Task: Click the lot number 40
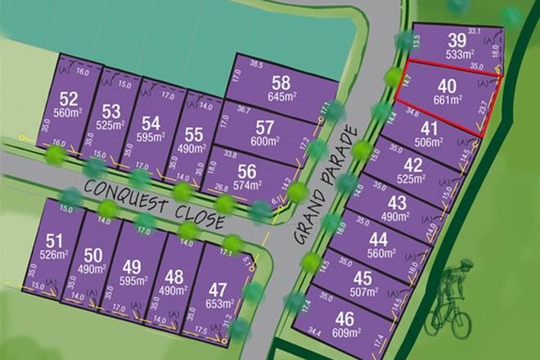coord(447,87)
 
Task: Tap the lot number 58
coord(281,83)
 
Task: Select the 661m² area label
coord(448,101)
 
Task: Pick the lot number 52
coord(68,99)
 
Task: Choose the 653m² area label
coord(217,304)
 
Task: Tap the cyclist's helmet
coord(466,264)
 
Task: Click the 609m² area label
coord(347,333)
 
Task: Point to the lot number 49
coord(132,266)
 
